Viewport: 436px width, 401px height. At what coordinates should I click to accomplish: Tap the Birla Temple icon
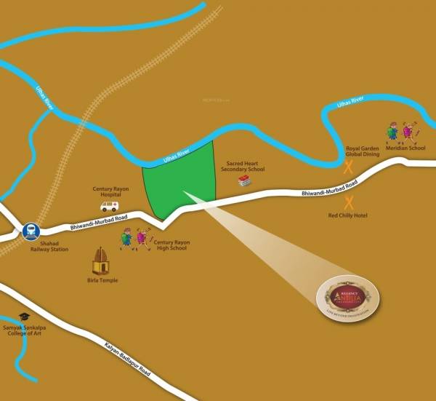pos(100,261)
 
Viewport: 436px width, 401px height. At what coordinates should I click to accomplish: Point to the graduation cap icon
pos(24,317)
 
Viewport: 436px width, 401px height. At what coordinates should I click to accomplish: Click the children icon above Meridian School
pos(401,131)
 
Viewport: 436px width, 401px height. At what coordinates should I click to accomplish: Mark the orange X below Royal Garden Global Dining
pos(349,167)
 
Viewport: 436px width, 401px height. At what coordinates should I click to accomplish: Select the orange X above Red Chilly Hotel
pos(349,202)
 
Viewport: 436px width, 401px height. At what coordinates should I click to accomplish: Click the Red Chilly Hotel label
pos(349,216)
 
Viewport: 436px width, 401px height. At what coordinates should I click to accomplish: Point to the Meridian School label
pos(405,148)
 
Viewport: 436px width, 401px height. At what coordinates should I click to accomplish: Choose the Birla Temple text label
pos(101,280)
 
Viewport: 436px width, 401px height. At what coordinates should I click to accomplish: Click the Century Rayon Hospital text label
pos(110,191)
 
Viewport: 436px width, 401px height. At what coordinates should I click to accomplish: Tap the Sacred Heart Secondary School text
pos(243,166)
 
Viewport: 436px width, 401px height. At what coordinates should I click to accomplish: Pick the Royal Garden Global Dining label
pos(362,151)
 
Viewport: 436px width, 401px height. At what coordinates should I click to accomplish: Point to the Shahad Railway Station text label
pos(49,246)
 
